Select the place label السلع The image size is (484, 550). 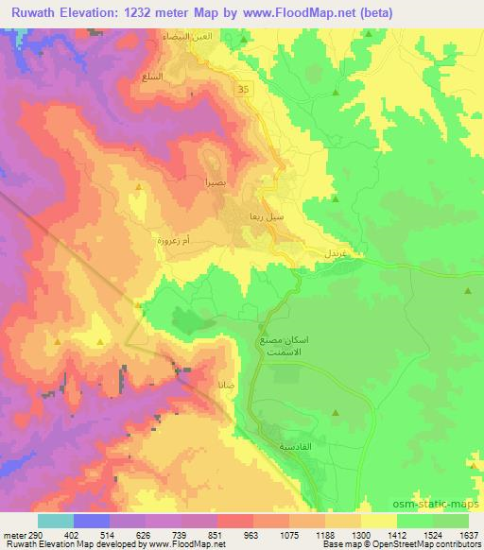coord(177,76)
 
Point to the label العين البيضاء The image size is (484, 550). coord(207,35)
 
